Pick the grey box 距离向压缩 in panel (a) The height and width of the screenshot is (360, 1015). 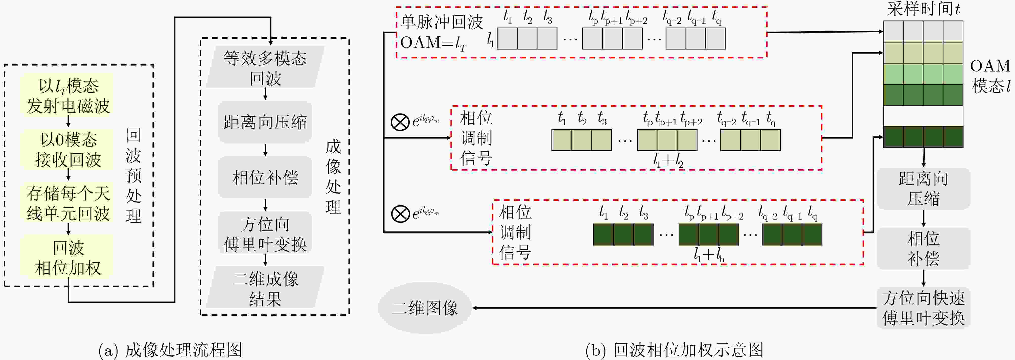265,122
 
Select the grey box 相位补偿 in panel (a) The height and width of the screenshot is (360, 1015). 265,177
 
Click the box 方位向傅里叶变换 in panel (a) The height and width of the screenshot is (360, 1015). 265,233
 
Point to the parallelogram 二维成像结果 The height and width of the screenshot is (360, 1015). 265,287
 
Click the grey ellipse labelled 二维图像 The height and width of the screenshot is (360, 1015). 425,308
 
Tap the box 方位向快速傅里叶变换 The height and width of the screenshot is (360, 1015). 923,308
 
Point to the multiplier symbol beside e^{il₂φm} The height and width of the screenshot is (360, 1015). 400,121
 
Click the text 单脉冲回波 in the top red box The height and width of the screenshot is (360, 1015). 441,22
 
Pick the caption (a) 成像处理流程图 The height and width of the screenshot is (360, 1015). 170,350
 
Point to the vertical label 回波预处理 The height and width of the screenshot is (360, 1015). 134,176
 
